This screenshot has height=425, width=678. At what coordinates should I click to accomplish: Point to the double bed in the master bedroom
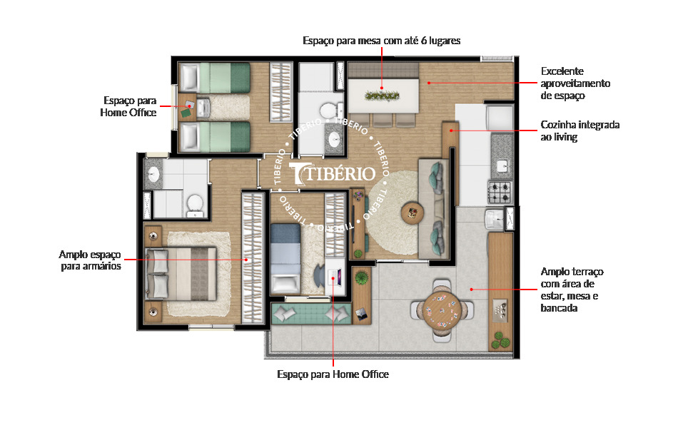[x=182, y=272]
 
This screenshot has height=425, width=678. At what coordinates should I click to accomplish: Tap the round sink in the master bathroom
[x=153, y=173]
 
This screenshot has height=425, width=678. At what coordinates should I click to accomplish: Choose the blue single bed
[x=288, y=255]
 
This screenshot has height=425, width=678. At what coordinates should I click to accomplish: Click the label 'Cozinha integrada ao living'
[x=580, y=130]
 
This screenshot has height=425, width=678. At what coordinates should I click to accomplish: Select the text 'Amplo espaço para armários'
[x=90, y=260]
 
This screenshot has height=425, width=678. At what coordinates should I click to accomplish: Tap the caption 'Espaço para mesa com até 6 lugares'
[x=381, y=41]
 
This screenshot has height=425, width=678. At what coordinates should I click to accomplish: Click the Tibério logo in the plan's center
[x=333, y=173]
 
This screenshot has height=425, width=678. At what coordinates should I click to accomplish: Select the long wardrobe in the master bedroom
[x=252, y=257]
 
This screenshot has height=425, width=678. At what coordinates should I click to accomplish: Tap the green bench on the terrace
[x=302, y=312]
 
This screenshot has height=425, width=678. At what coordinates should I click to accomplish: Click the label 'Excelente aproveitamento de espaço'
[x=575, y=83]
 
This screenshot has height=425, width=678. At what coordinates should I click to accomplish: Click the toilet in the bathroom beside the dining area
[x=327, y=111]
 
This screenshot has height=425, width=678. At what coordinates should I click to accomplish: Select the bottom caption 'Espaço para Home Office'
[x=333, y=374]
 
